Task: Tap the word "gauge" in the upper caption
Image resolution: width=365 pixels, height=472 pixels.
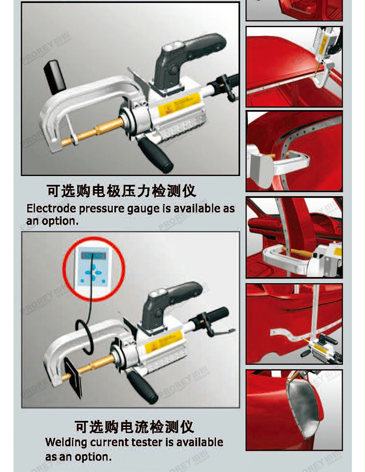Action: tap(143, 208)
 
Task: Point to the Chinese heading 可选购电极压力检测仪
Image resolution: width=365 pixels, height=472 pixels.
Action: tap(121, 191)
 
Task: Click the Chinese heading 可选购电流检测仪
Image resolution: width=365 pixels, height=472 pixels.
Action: tap(134, 426)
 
